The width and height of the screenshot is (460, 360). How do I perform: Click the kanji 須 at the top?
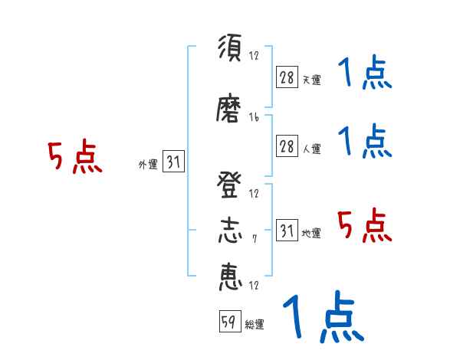230,49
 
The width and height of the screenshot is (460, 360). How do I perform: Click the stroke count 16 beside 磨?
255,117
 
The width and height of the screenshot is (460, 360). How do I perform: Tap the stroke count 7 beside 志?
255,239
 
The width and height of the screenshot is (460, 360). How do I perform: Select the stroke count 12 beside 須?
255,55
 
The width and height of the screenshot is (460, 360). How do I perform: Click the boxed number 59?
228,322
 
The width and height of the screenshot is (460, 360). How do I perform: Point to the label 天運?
311,80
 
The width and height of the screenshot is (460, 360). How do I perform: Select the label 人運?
311,149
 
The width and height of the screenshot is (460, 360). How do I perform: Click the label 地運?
311,233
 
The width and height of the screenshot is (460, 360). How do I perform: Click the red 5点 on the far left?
74,157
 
